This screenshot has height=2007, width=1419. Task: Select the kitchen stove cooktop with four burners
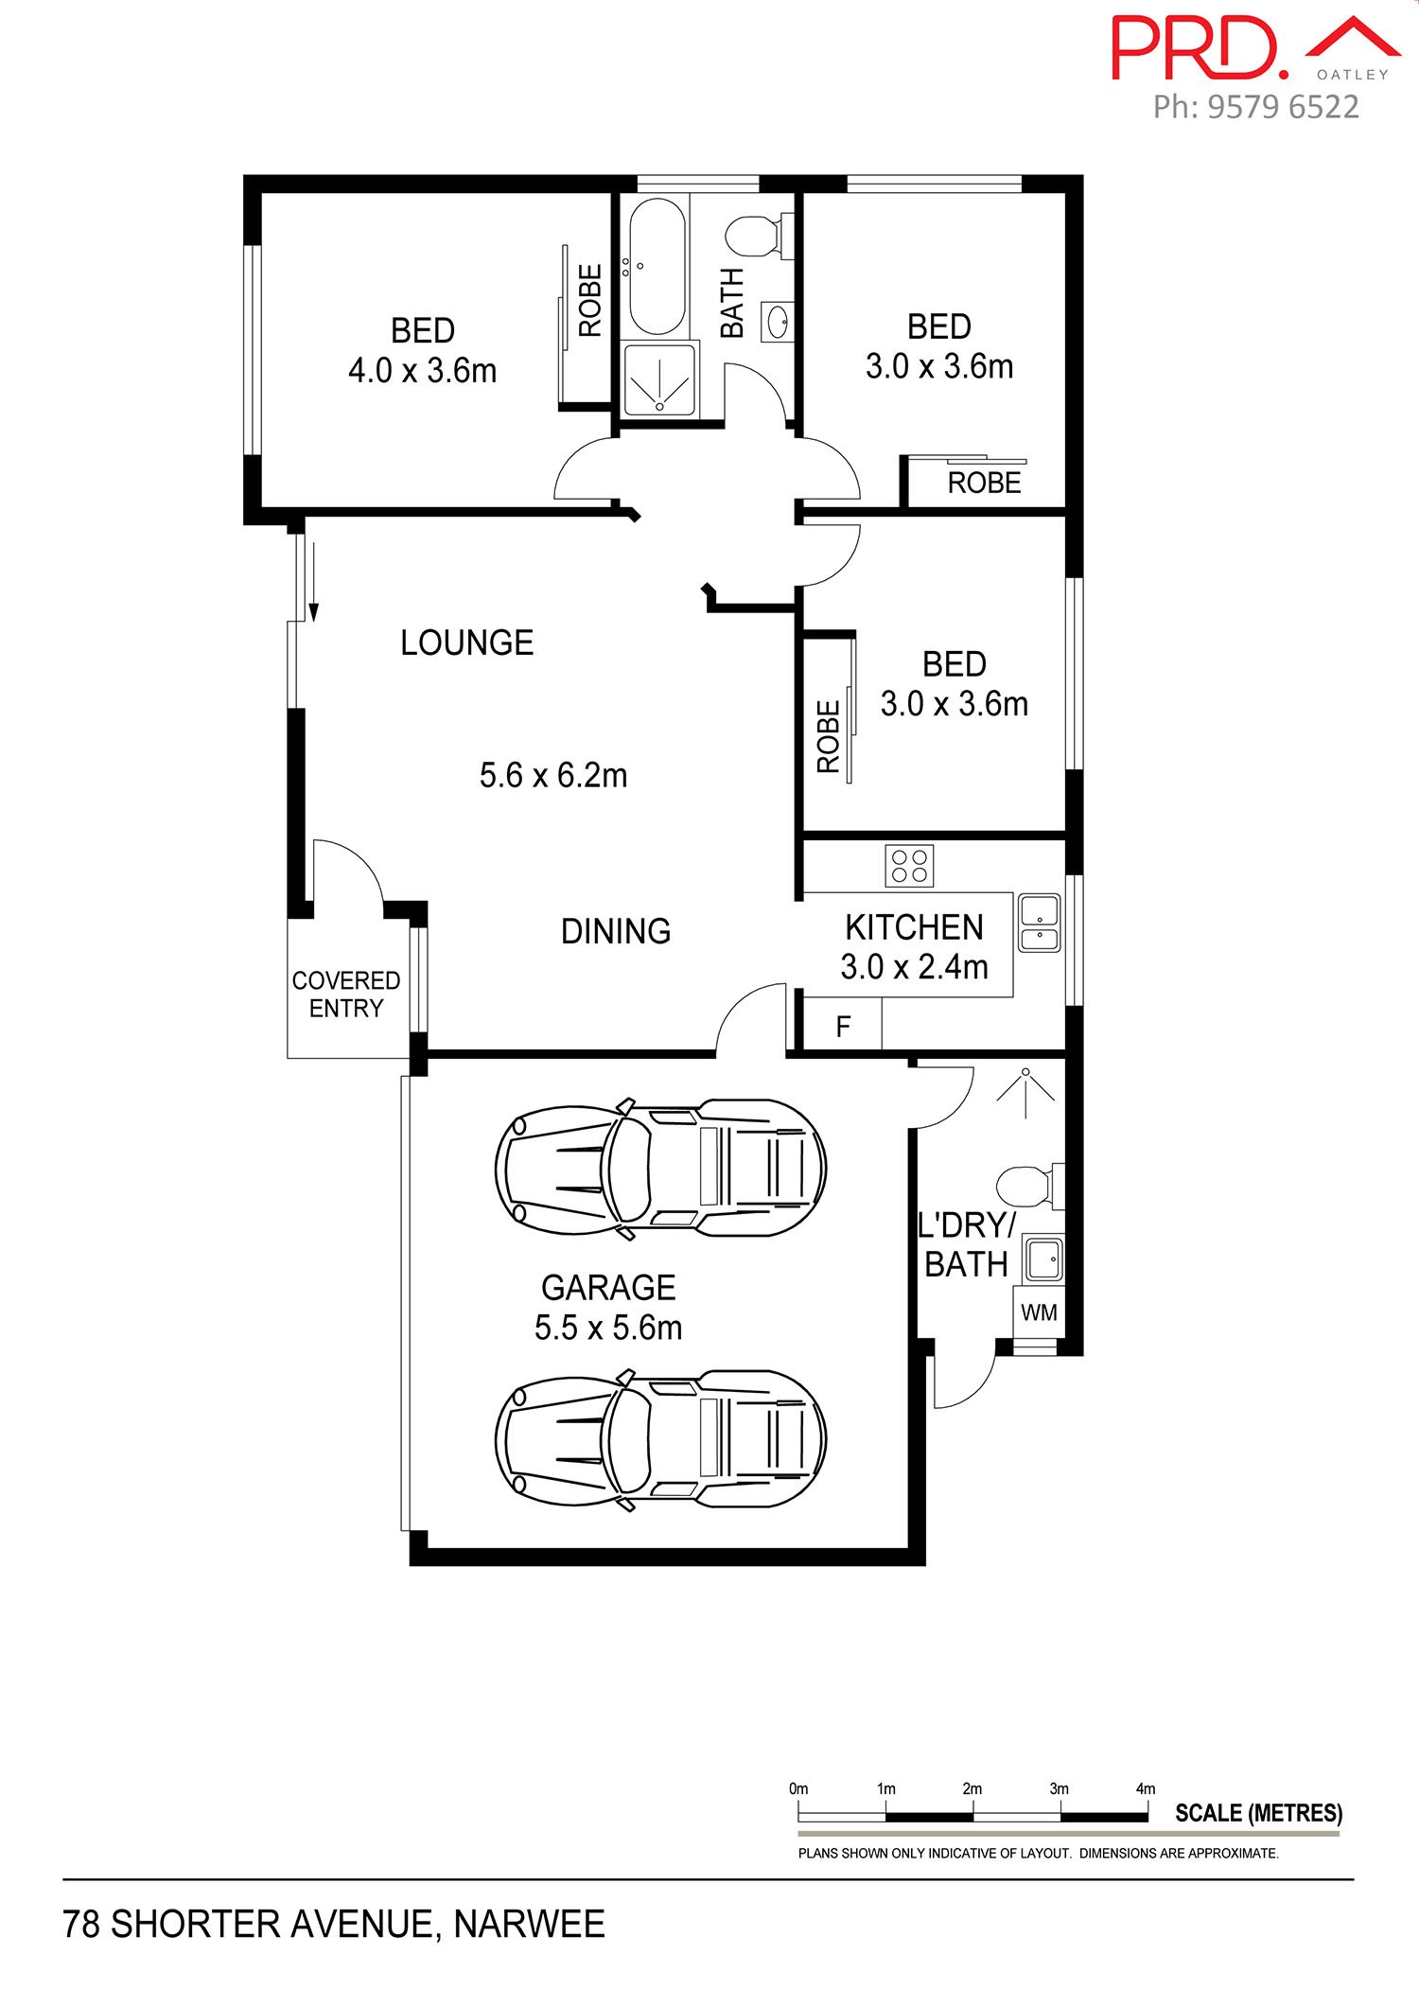(909, 865)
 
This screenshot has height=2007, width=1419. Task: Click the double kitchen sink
(1039, 923)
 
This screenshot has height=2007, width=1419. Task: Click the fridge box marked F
(843, 1026)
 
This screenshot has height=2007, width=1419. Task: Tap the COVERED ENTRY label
(345, 995)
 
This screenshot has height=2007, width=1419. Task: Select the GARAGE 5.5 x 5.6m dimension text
(608, 1328)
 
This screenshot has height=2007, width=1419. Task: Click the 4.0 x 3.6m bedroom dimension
(422, 370)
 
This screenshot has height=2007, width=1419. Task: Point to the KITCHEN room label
(914, 927)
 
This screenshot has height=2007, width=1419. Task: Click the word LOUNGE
(466, 643)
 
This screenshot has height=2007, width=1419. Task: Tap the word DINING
(616, 931)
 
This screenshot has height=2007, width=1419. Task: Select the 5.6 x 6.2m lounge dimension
(553, 776)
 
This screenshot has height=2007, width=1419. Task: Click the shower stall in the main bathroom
(659, 379)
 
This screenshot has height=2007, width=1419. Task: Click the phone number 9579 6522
(1284, 107)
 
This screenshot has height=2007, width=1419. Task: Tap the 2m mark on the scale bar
(972, 1788)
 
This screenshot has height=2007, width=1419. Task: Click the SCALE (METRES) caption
(1258, 1813)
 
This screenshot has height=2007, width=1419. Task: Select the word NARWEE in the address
(529, 1924)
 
